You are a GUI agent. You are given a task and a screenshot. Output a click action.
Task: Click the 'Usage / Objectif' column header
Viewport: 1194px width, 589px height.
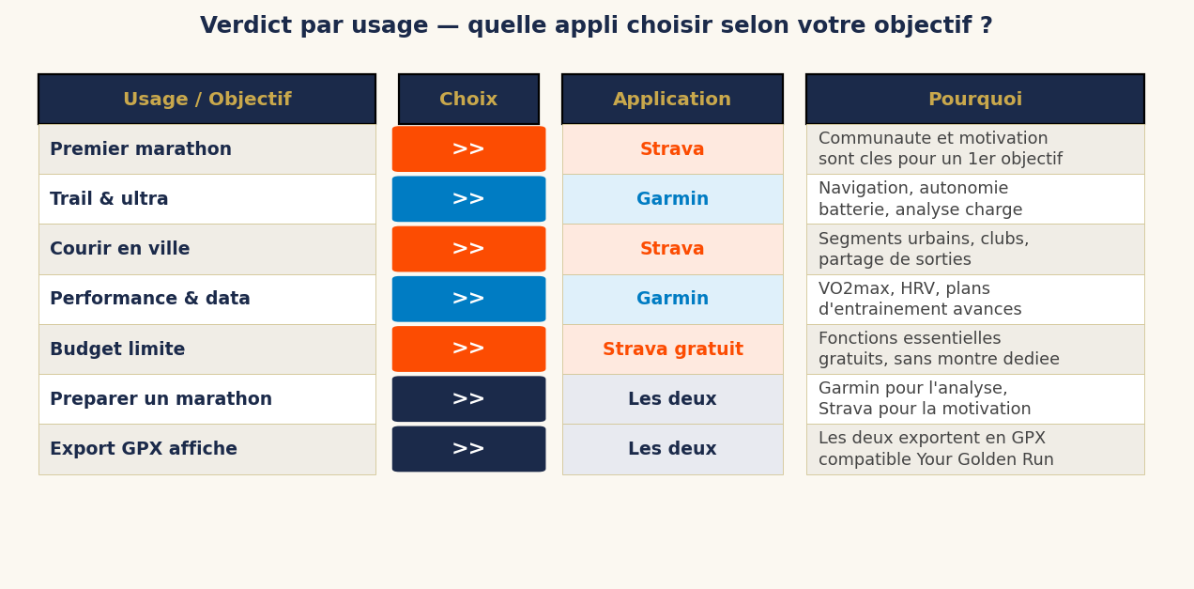[x=207, y=100]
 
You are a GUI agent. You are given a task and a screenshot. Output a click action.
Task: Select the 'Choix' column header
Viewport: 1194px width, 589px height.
[x=468, y=100]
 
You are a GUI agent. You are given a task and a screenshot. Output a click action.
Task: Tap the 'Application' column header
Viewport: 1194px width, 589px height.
[x=672, y=100]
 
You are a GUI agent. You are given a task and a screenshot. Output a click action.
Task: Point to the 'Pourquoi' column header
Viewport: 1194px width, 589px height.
[x=974, y=100]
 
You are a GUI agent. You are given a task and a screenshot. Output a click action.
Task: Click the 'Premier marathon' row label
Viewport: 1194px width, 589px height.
[x=141, y=149]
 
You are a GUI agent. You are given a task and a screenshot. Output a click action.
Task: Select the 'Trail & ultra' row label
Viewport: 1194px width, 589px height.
[x=109, y=199]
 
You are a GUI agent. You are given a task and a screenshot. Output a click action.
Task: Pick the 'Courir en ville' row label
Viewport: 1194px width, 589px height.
[x=120, y=249]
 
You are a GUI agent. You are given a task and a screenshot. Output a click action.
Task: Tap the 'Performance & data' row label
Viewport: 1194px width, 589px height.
[x=150, y=299]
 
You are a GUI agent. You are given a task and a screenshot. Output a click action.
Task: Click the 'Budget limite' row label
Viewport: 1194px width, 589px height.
[x=117, y=349]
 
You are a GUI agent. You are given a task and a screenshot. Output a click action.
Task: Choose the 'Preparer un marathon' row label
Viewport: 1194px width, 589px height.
[x=161, y=399]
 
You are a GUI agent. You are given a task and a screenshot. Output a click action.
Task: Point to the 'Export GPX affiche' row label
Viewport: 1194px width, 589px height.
[x=144, y=449]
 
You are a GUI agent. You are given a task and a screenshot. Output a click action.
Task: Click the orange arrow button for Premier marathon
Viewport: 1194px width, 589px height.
[x=468, y=149]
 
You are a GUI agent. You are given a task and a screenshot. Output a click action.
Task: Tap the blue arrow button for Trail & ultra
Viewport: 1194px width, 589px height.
[x=468, y=199]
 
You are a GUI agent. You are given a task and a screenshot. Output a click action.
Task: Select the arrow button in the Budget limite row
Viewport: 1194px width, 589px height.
[x=468, y=349]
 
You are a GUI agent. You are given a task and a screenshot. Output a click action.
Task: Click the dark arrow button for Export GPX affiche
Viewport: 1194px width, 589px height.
[x=468, y=449]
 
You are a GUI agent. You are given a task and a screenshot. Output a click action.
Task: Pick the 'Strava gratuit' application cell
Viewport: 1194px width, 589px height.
[x=672, y=349]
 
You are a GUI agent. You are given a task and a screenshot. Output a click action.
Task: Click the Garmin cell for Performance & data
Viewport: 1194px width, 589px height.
[x=672, y=299]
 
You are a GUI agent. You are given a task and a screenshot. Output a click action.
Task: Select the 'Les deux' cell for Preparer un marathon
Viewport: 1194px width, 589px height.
[x=672, y=399]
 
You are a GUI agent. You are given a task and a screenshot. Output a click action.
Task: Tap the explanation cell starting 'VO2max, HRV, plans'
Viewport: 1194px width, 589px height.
[x=974, y=299]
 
